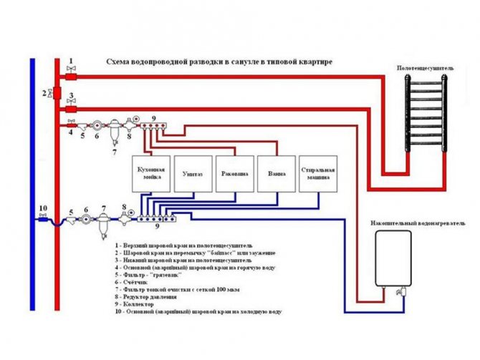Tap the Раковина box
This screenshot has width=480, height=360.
(234, 173)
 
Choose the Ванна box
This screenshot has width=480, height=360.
(276, 173)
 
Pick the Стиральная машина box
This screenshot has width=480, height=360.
(317, 173)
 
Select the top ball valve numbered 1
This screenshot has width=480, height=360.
(71, 74)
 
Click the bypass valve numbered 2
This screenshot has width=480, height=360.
(49, 94)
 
